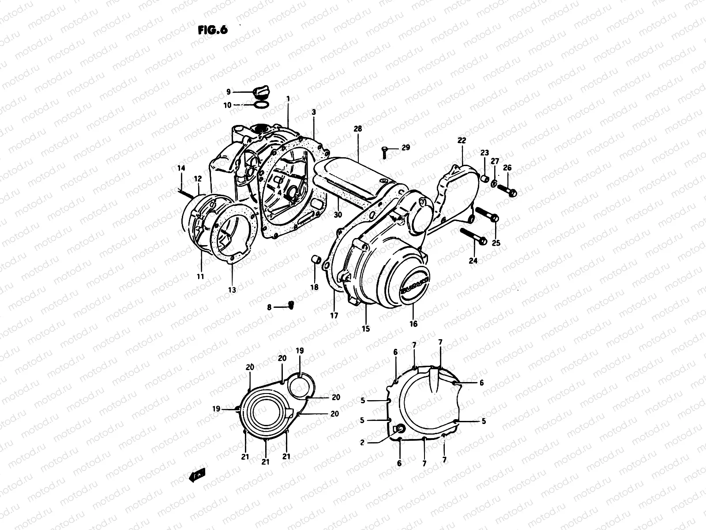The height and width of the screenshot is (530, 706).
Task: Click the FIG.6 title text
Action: pos(212,30)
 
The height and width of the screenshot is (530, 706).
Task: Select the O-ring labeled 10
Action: pos(261,105)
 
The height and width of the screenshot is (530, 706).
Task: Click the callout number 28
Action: pos(357,129)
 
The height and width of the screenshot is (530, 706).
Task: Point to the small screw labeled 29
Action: pos(384,151)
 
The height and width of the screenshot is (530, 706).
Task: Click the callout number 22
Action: pos(462,140)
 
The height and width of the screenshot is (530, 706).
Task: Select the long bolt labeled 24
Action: pos(473,236)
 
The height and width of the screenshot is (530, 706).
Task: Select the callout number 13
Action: pos(232,290)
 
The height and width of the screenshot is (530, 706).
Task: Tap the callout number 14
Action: pos(181,168)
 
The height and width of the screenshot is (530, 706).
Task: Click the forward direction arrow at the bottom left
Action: pos(196,476)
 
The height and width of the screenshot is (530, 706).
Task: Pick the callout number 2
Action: pos(362,442)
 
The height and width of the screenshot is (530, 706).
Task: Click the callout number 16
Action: pos(413,324)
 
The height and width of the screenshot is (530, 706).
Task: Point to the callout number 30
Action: pos(338,215)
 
